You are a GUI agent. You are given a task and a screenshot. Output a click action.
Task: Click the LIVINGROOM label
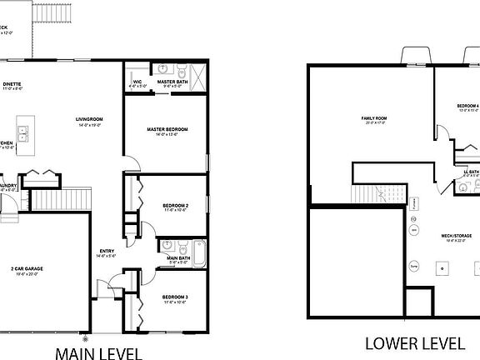click(x=90, y=120)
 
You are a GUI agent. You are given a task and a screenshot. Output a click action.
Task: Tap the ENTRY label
click(x=107, y=251)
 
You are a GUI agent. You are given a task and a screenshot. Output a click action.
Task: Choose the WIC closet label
click(x=137, y=82)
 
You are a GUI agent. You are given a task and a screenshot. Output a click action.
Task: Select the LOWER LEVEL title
click(x=414, y=342)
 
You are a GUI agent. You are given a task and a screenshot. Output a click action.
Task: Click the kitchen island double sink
click(x=24, y=130)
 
